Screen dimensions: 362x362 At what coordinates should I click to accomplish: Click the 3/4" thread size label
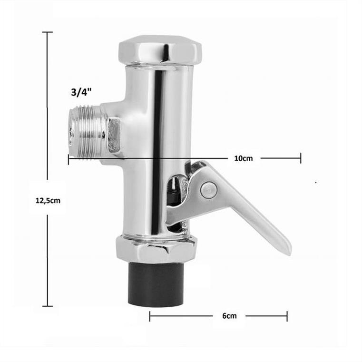click(81, 92)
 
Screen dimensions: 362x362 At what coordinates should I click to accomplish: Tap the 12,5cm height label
click(48, 200)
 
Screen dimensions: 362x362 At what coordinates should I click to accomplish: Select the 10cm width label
click(244, 158)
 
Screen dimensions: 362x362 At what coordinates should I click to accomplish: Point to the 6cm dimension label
click(229, 315)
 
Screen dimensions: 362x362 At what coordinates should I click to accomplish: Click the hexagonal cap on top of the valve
click(160, 50)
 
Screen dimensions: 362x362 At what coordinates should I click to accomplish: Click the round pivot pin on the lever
click(208, 190)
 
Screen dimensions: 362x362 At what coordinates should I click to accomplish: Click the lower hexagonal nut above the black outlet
click(157, 250)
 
